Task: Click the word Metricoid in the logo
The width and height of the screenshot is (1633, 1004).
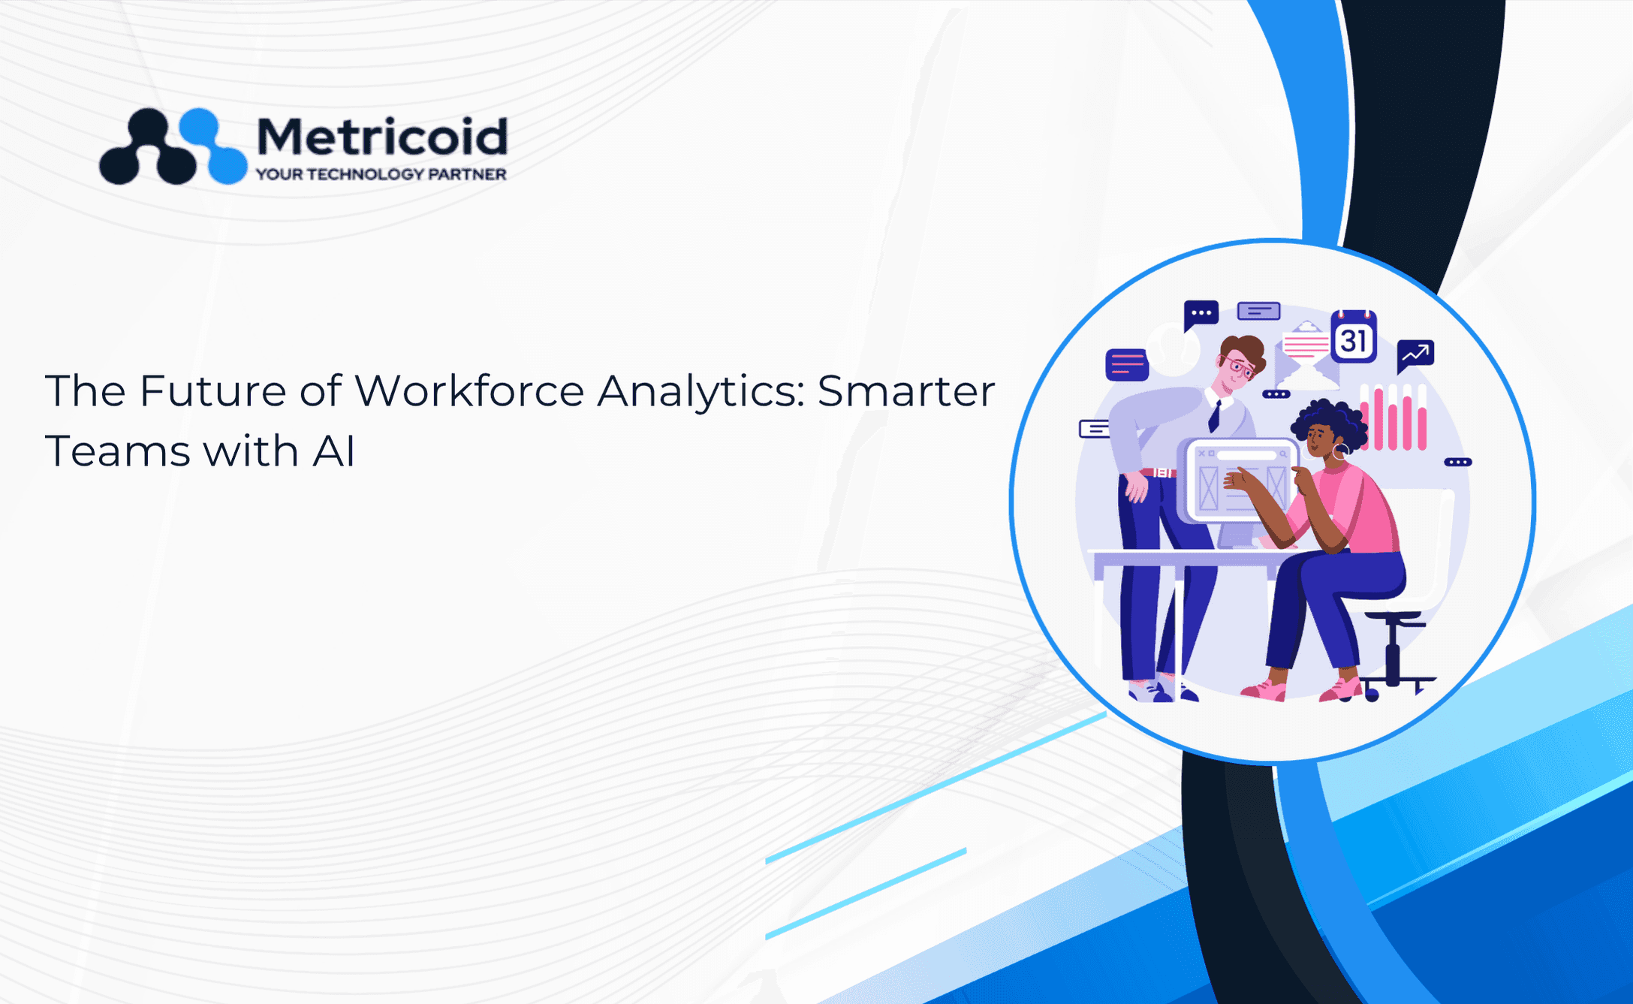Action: (x=382, y=137)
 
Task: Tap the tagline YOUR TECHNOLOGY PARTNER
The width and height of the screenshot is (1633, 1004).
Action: (x=381, y=174)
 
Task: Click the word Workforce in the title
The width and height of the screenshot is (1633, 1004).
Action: (x=469, y=391)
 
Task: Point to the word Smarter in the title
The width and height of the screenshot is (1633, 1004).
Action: (x=906, y=391)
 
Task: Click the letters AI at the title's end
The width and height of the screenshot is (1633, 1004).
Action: (x=334, y=451)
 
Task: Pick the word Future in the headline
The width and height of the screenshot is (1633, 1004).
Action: (x=212, y=391)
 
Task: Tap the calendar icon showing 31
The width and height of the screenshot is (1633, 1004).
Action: (x=1354, y=337)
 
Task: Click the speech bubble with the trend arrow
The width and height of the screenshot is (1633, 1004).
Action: (x=1415, y=355)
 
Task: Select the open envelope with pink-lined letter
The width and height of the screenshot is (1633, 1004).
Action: (x=1306, y=354)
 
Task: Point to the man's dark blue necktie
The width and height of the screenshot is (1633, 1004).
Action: (x=1214, y=415)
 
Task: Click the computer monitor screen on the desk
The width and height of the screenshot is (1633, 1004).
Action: (x=1240, y=481)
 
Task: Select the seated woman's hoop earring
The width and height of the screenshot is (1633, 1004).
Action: (x=1340, y=452)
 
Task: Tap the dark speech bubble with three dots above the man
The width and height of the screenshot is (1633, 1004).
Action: (x=1201, y=315)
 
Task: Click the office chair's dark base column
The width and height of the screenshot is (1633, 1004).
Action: (x=1393, y=653)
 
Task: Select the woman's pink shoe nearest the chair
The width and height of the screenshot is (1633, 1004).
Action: (x=1341, y=689)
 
